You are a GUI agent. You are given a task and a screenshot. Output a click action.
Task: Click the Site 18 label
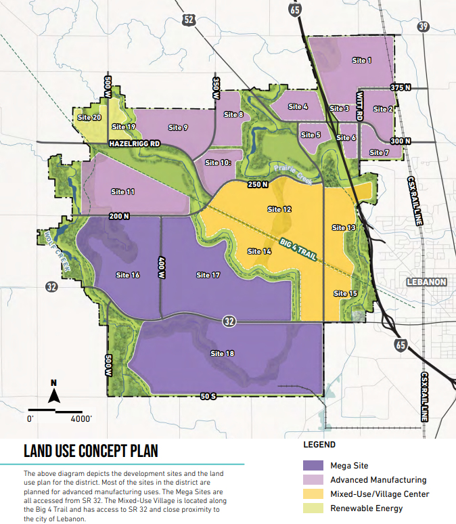222,353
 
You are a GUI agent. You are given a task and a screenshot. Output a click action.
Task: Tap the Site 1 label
362,61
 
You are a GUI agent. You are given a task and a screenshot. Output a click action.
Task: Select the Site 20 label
89,117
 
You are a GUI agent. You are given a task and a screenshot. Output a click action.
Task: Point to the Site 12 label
279,210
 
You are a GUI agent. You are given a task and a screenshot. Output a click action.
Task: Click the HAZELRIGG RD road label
135,144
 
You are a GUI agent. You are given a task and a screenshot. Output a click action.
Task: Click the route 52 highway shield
189,20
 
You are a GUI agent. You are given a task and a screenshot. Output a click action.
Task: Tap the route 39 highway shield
424,26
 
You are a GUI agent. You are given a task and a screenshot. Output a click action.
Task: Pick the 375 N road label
401,88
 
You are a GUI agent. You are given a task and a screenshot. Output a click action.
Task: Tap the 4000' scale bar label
81,419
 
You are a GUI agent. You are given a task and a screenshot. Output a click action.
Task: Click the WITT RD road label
359,107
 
